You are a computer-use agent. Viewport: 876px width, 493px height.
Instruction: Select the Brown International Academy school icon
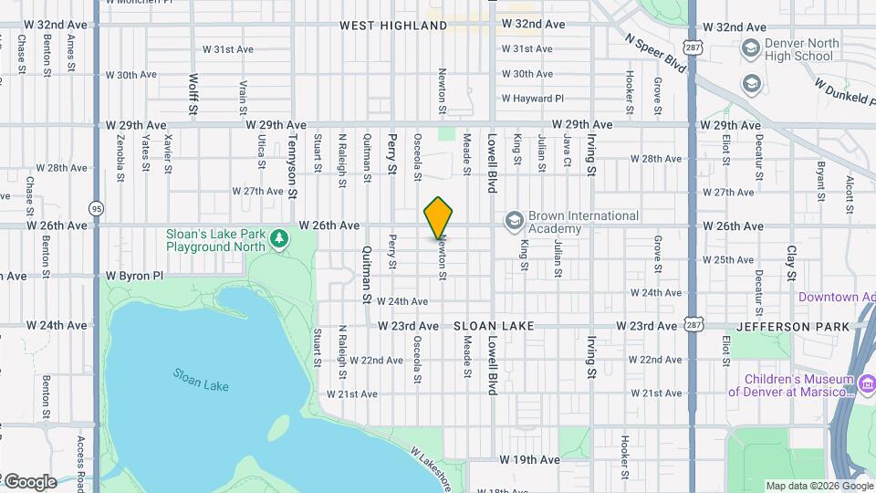pyautogui.click(x=515, y=220)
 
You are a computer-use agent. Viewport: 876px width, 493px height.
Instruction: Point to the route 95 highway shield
pyautogui.click(x=96, y=208)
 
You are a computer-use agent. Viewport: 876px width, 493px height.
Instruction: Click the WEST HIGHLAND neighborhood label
pyautogui.click(x=393, y=26)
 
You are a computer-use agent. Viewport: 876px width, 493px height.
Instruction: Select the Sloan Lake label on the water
pyautogui.click(x=202, y=380)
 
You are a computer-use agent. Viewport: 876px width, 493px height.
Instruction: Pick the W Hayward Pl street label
pyautogui.click(x=532, y=99)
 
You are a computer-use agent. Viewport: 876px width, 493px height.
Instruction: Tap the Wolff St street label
pyautogui.click(x=193, y=95)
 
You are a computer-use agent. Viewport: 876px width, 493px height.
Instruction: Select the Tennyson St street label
pyautogui.click(x=293, y=168)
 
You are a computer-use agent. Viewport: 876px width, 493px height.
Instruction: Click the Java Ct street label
pyautogui.click(x=567, y=153)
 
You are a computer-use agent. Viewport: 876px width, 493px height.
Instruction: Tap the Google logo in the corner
pyautogui.click(x=30, y=481)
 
